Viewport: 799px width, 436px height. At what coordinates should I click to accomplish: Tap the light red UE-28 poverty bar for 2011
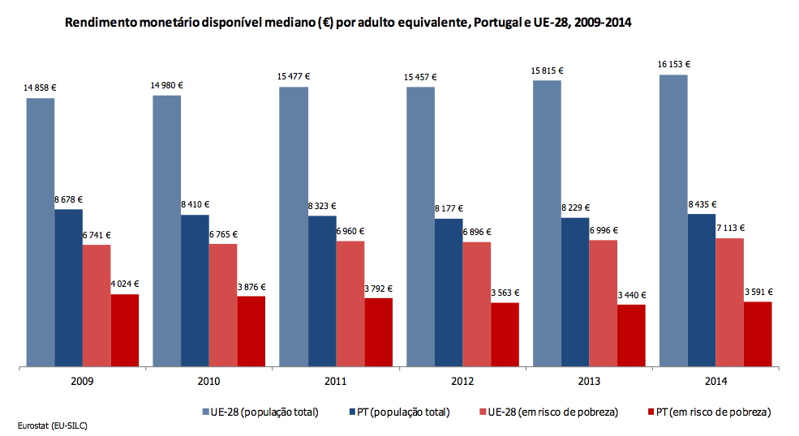coord(350,303)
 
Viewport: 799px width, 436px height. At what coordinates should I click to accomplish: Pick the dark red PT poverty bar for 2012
coord(505,334)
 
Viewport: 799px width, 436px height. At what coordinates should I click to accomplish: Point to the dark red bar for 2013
coord(631,335)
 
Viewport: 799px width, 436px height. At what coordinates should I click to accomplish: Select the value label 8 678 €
coord(68,199)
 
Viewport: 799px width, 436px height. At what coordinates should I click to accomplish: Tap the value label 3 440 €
coord(631,295)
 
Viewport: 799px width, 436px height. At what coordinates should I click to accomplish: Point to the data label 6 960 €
coord(350,231)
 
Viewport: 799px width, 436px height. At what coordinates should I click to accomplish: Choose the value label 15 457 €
coord(420,77)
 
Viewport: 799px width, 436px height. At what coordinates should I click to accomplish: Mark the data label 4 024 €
coord(124,284)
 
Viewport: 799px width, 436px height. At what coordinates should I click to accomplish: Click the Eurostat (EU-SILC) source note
coord(51,425)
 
